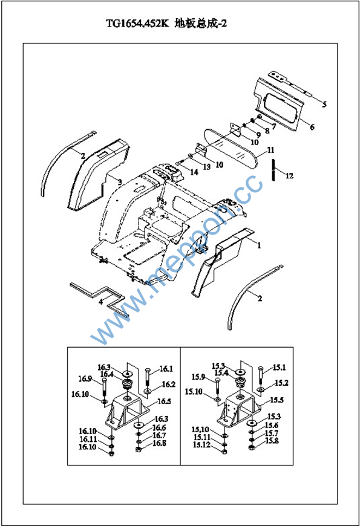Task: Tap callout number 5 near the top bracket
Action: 324,105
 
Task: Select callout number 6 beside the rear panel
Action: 312,127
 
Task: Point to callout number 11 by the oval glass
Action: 270,150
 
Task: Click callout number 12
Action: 289,175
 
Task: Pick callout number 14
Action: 194,172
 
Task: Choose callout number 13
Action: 206,167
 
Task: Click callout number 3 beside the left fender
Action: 120,183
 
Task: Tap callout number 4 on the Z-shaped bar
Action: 101,302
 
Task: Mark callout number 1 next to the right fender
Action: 259,245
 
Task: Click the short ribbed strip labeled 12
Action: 274,169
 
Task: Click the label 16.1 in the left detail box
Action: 166,369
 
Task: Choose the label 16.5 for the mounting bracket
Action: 164,401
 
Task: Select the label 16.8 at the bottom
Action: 159,443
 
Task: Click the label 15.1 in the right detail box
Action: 279,368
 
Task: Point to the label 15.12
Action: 201,445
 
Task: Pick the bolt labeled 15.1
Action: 261,376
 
